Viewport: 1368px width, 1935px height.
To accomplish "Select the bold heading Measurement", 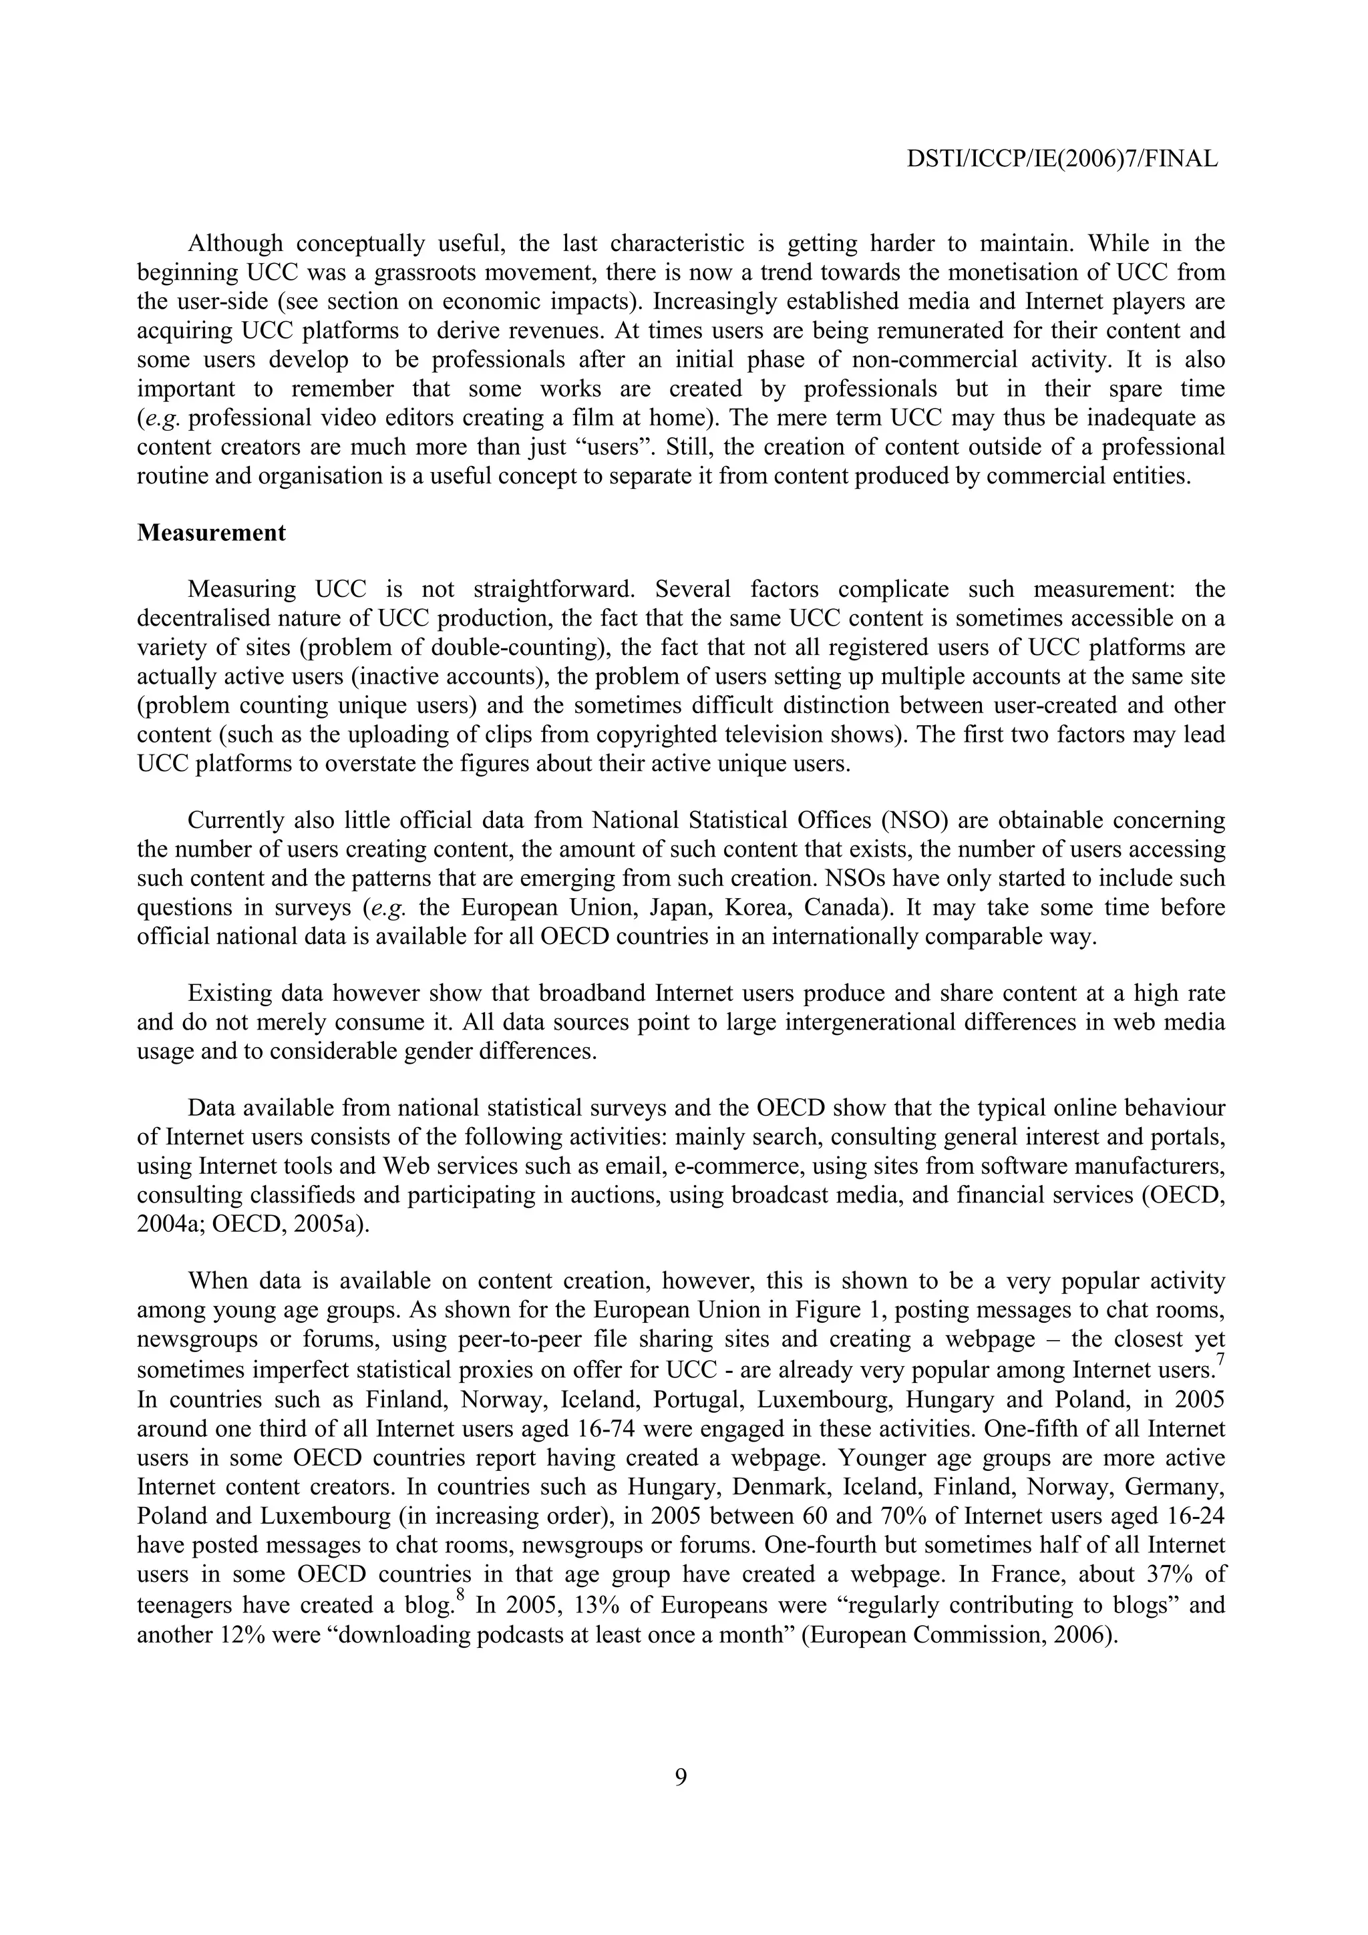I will coord(212,533).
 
